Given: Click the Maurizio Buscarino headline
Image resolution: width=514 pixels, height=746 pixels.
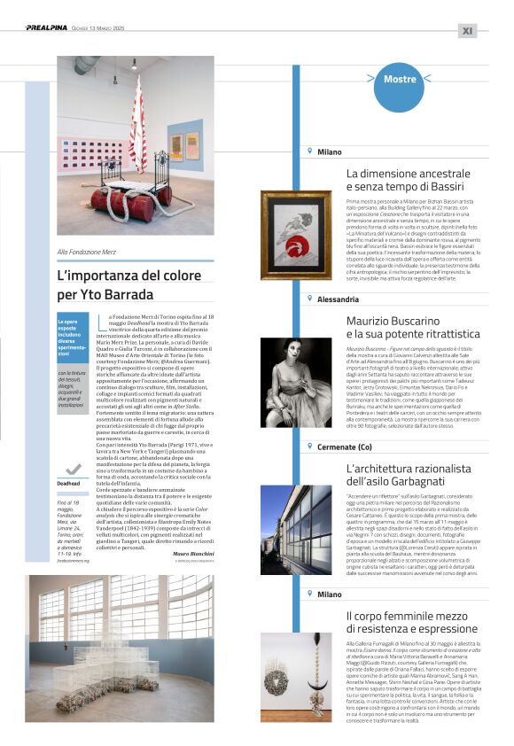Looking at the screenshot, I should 413,326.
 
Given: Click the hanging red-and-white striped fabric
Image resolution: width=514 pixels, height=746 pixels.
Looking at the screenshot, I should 137,124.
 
